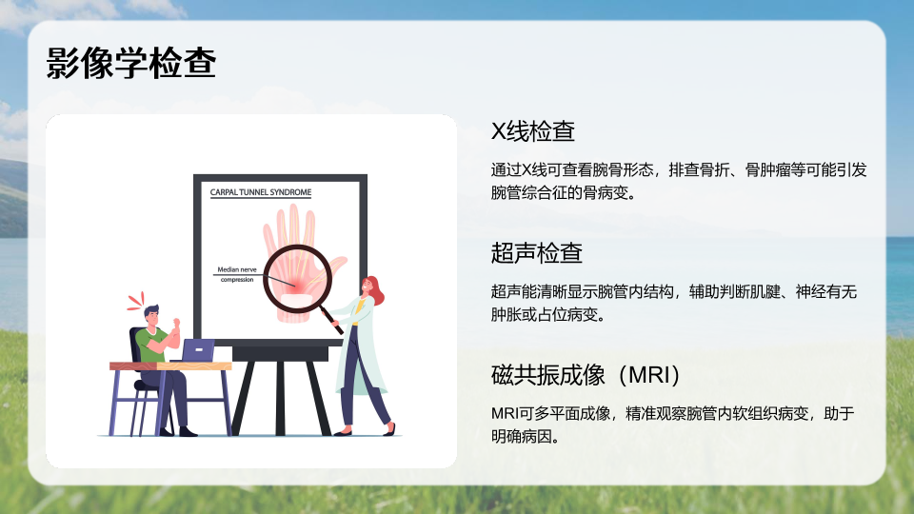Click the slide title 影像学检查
(131, 63)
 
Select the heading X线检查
(533, 131)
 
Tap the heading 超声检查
(536, 253)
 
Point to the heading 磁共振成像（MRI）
(586, 375)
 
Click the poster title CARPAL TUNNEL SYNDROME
(261, 192)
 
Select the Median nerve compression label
(237, 274)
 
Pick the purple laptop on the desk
(198, 350)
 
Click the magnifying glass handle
(333, 321)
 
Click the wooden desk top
(170, 366)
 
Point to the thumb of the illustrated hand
(336, 267)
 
